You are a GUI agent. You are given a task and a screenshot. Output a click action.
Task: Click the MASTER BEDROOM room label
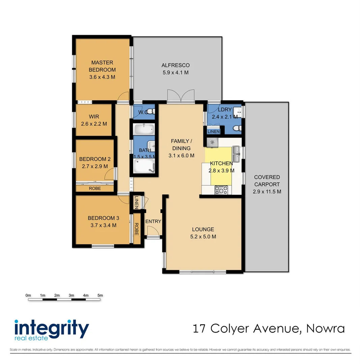tap(102, 66)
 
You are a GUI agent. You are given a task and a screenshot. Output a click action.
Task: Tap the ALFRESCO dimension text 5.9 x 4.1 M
tap(175, 72)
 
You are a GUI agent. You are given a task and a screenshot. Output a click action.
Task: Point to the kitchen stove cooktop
tap(221, 190)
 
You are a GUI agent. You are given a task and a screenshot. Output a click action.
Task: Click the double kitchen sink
tap(236, 150)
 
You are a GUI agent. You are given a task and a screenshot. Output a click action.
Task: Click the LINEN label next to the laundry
tap(213, 131)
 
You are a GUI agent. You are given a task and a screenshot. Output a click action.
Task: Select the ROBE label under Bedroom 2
tap(95, 188)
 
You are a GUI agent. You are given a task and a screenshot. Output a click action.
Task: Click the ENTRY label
tap(153, 221)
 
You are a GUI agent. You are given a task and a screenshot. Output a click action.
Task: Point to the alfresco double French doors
tap(181, 96)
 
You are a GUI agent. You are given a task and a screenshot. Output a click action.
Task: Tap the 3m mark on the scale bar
tap(71, 296)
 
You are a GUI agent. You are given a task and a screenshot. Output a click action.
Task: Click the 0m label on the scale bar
tap(28, 296)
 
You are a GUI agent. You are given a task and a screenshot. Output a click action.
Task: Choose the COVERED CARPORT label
tap(267, 181)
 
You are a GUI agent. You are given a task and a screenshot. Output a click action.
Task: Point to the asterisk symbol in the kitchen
tap(212, 142)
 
